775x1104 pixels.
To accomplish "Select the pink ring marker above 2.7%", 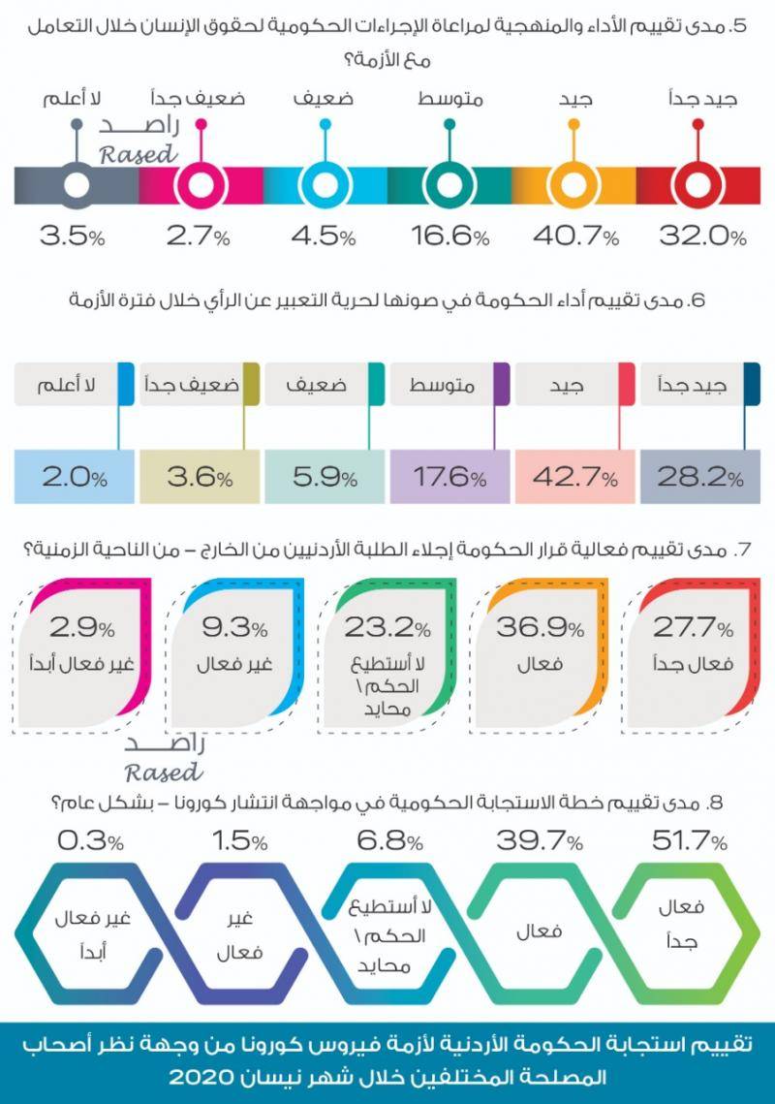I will point(201,184).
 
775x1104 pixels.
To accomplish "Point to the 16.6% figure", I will point(449,236).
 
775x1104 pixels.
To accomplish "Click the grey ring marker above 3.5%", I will point(77,184).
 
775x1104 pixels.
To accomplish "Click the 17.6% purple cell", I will point(449,478).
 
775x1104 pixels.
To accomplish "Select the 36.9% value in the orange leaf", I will point(541,628).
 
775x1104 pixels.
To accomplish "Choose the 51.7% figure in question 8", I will point(692,841).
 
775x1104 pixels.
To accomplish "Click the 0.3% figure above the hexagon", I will point(90,841).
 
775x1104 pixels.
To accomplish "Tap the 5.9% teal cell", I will point(324,478).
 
